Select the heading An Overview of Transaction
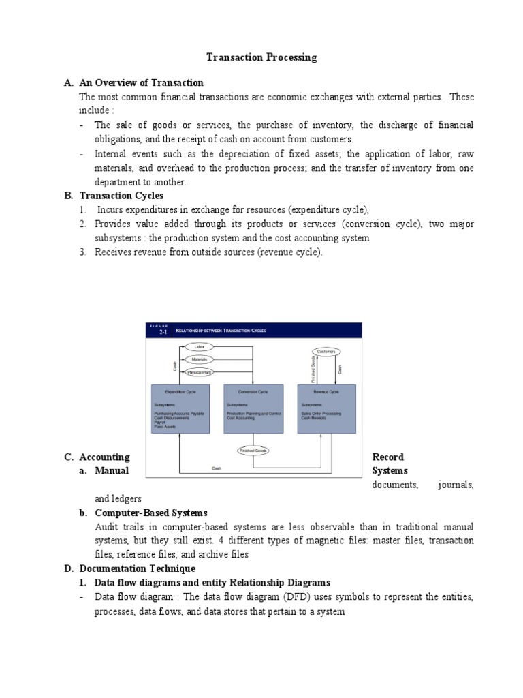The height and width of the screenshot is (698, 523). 141,82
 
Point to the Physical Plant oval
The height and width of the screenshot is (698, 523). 200,372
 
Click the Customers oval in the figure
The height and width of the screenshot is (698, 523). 326,352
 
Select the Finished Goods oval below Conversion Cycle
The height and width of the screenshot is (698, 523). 252,451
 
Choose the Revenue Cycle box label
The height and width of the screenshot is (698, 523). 326,392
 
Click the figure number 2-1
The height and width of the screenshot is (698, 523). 162,332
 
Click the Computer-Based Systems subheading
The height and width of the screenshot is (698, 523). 151,512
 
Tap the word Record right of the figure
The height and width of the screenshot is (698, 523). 387,457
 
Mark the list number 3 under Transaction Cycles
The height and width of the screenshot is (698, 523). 82,252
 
